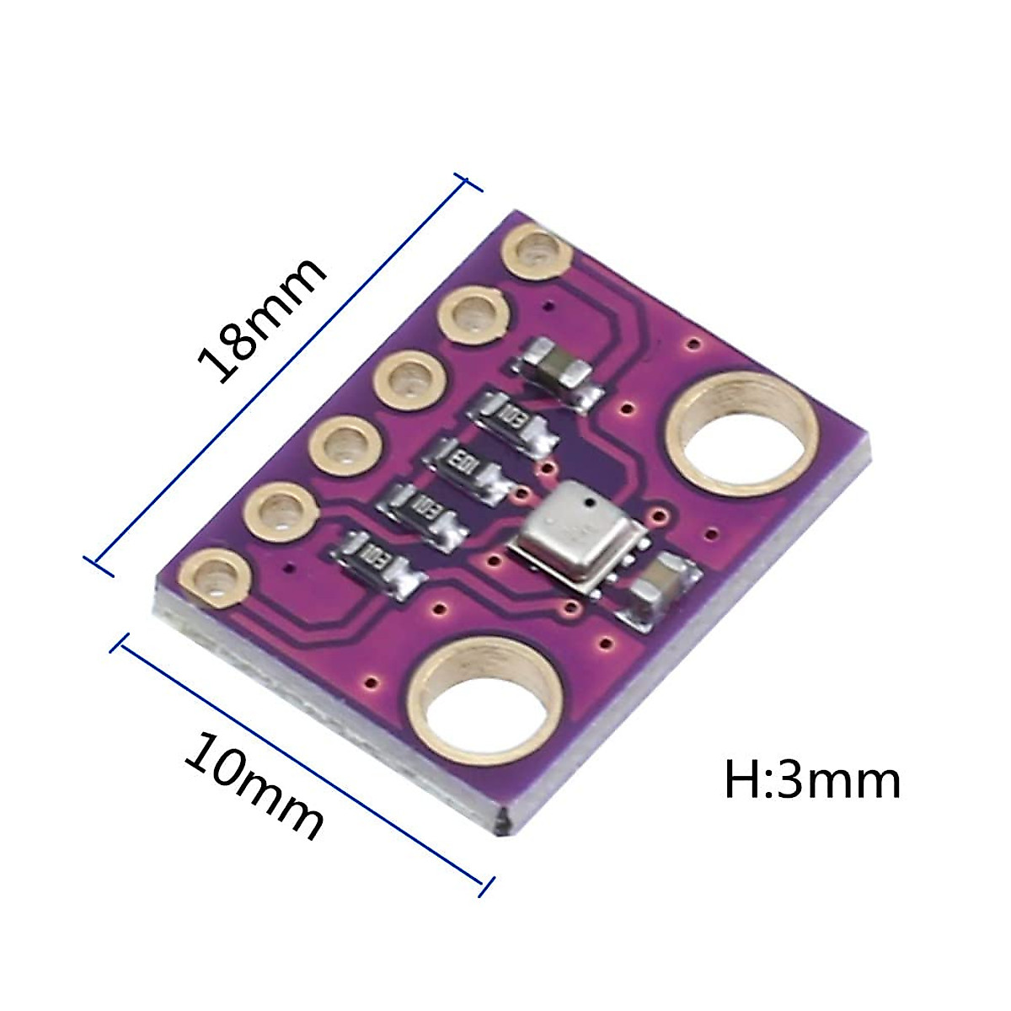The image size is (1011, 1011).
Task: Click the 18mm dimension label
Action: [261, 319]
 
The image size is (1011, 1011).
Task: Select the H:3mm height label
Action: [812, 781]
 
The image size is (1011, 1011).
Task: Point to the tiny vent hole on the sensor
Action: [591, 504]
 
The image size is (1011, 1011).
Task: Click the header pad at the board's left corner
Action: [215, 577]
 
